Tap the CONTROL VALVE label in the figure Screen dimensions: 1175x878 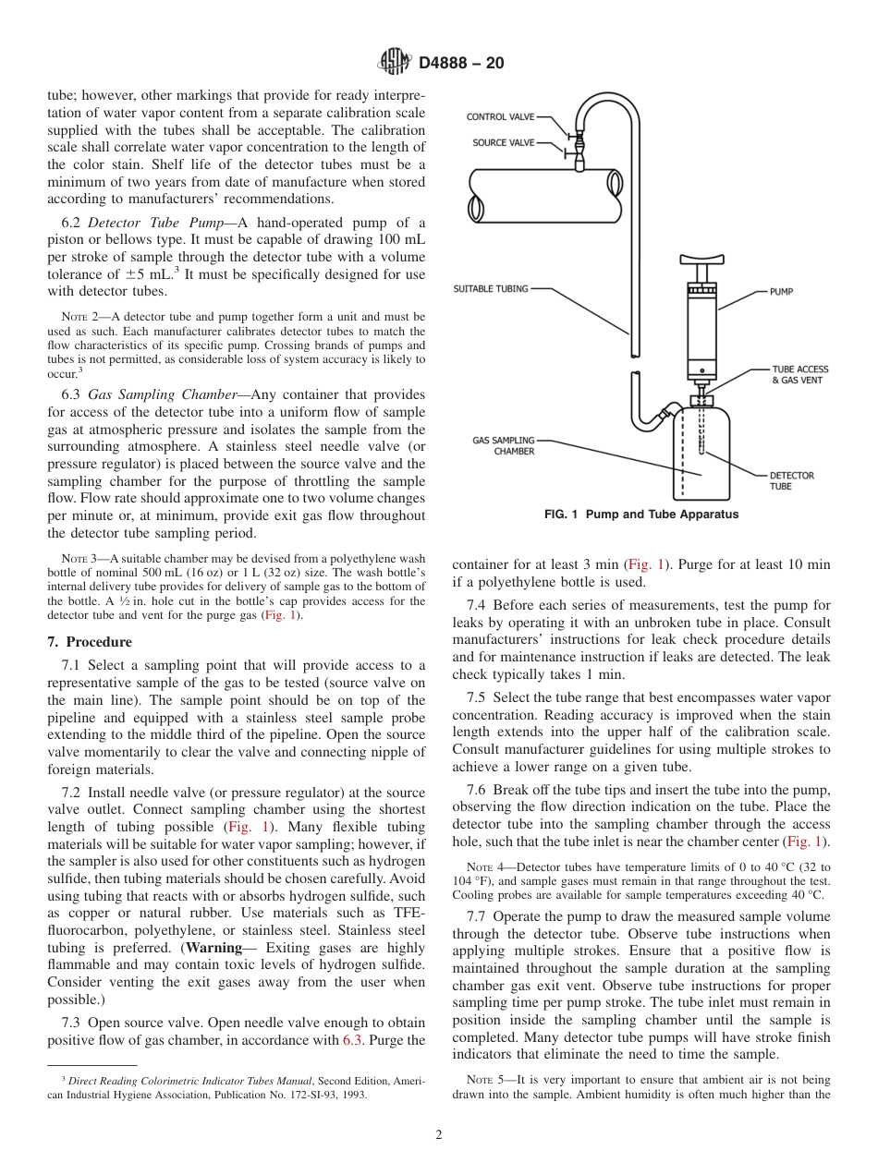(499, 117)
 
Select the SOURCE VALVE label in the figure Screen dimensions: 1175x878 (502, 143)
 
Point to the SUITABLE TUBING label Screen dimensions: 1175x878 (491, 289)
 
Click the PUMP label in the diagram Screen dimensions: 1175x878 (781, 292)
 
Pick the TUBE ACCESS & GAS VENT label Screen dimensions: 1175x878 (797, 374)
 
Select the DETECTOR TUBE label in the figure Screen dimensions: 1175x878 (791, 480)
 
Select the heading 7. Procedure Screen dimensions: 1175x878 (90, 642)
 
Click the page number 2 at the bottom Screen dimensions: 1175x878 (439, 1135)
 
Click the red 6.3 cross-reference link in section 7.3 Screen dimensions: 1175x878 (353, 1040)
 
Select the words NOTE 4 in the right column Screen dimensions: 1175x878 (479, 867)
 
